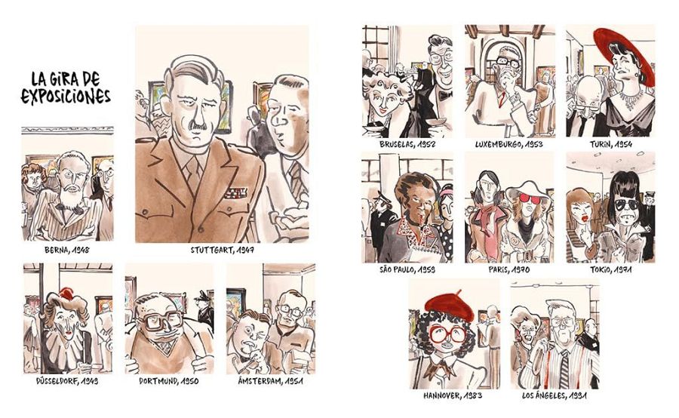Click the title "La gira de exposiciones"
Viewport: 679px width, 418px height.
click(x=66, y=88)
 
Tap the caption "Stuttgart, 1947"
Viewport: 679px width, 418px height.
click(x=222, y=250)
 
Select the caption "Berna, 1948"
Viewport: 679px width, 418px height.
click(x=67, y=250)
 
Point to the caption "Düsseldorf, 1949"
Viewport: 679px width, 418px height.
click(x=67, y=381)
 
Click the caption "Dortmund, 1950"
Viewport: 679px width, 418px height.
click(x=169, y=381)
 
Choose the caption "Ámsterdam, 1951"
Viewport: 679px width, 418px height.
click(x=271, y=381)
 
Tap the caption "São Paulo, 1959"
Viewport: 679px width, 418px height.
click(x=407, y=269)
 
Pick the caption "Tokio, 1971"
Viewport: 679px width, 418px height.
click(x=610, y=269)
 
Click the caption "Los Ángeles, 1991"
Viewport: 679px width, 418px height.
click(x=555, y=395)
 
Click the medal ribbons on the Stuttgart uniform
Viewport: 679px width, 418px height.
click(x=235, y=192)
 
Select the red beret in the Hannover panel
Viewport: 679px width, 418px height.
click(x=450, y=306)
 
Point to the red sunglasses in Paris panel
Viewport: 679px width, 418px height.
click(x=530, y=199)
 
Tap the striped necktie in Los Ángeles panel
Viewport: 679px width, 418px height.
click(x=564, y=369)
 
